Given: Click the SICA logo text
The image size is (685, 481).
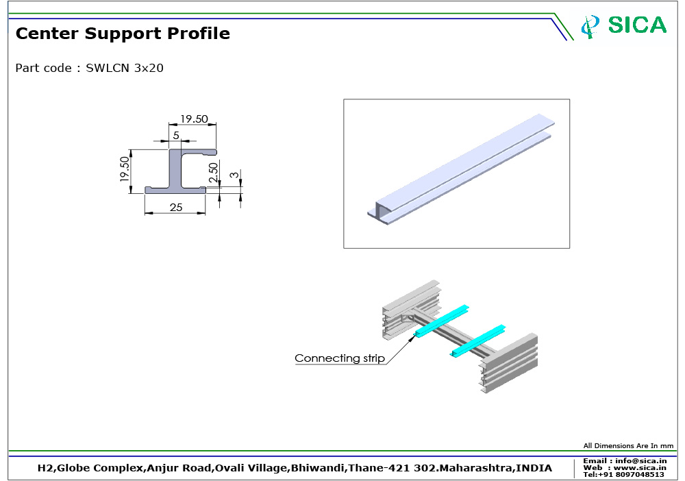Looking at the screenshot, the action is click(637, 25).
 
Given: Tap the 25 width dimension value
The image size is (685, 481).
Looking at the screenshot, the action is click(176, 207).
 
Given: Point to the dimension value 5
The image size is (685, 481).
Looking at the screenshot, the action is click(176, 136).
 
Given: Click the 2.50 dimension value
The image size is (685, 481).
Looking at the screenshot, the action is click(213, 173).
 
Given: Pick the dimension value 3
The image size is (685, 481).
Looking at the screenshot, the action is click(234, 175).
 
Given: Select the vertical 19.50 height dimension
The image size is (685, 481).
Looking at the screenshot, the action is click(125, 169).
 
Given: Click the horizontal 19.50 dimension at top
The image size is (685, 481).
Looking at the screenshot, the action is click(195, 119).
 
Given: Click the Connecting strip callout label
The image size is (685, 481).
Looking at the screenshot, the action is click(340, 358).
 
